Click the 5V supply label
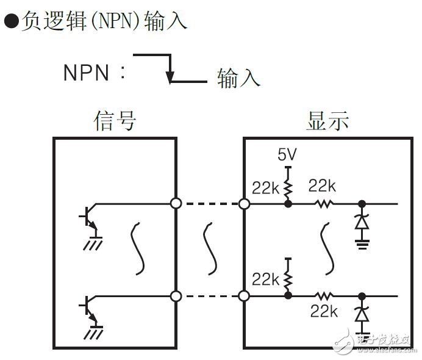[287, 155]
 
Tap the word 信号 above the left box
[115, 120]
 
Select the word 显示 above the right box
[327, 120]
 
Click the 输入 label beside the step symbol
[239, 78]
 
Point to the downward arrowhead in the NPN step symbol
[171, 77]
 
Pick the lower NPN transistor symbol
[88, 309]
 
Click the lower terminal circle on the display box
[245, 297]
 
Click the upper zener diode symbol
[362, 221]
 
